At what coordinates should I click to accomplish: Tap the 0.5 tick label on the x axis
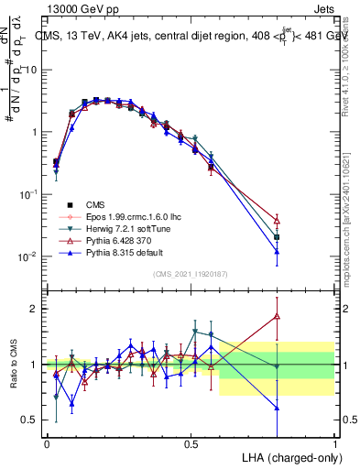click(x=191, y=443)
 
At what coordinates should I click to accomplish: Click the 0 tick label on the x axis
click(x=47, y=443)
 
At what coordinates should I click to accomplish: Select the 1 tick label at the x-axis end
click(x=334, y=443)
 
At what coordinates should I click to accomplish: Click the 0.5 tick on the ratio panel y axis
click(x=28, y=420)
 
